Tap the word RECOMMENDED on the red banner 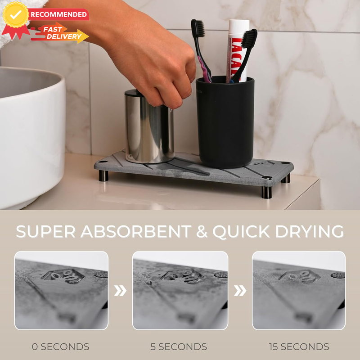(59, 14)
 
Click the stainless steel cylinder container (149, 126)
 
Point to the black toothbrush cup (225, 121)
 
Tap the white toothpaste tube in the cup (238, 50)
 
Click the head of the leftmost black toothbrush (198, 28)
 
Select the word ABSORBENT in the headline (136, 231)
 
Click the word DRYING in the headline (310, 231)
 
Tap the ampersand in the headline (202, 231)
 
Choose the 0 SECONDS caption (61, 346)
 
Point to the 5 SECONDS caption (179, 346)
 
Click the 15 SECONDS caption (299, 346)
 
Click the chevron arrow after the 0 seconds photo (120, 291)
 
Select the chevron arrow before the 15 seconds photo (240, 291)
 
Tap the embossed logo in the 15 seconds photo (299, 276)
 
